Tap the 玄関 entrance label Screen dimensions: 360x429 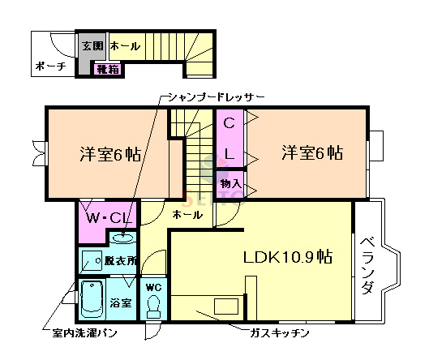pyautogui.click(x=91, y=46)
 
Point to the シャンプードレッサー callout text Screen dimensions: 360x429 pyautogui.click(x=212, y=96)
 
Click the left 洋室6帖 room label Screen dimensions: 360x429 pyautogui.click(x=110, y=154)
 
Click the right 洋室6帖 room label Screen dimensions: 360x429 pyautogui.click(x=312, y=152)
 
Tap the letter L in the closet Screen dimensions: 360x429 pyautogui.click(x=229, y=153)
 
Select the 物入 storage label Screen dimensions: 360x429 pyautogui.click(x=230, y=184)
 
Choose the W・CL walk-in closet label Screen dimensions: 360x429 pyautogui.click(x=109, y=217)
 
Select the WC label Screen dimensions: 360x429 pyautogui.click(x=154, y=287)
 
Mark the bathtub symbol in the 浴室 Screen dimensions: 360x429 pyautogui.click(x=92, y=300)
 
